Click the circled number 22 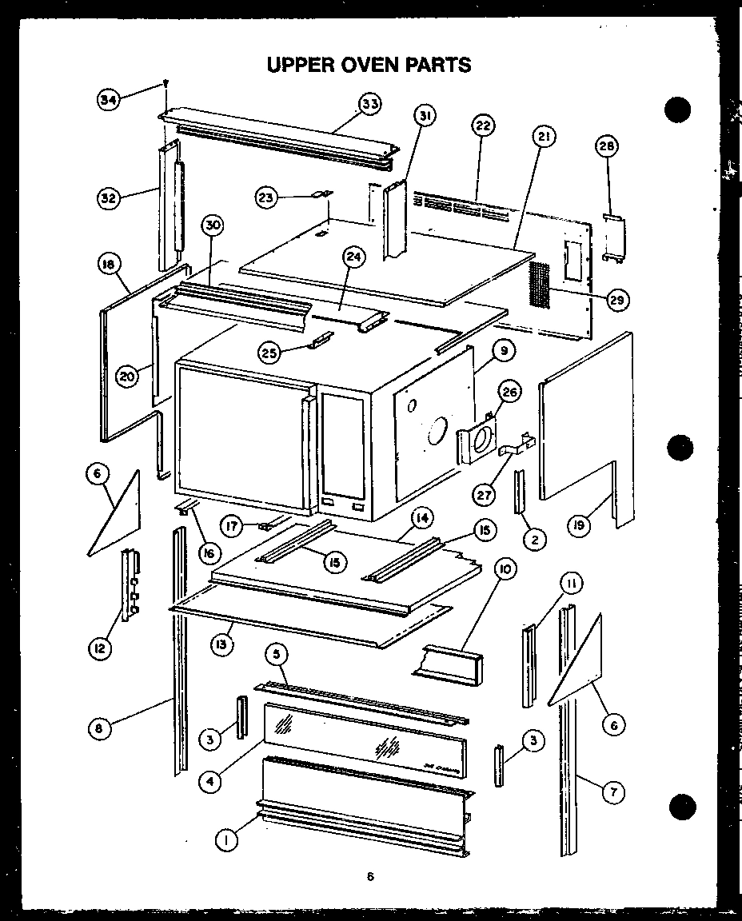pos(483,126)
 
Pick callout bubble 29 pos(616,300)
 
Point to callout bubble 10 pos(505,569)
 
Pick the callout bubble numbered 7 pos(613,792)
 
